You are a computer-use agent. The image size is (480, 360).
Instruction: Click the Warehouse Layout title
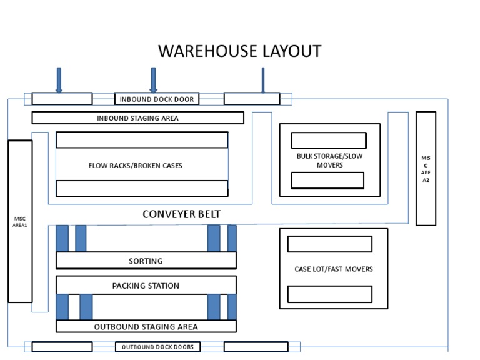point(240,51)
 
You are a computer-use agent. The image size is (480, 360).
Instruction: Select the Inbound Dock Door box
point(157,99)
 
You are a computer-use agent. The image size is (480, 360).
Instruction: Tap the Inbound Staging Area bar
point(137,118)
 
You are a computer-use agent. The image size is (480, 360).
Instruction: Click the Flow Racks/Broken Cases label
point(136,166)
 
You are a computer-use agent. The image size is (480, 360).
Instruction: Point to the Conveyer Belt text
point(182,214)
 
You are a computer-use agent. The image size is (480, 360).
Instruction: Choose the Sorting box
point(146,261)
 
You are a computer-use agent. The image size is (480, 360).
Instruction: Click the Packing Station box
point(146,286)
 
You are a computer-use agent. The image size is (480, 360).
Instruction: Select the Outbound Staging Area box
point(146,326)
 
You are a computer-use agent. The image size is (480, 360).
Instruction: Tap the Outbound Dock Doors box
point(157,347)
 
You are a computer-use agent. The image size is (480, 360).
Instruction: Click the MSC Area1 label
point(20,221)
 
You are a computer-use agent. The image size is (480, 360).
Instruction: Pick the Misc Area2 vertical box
point(426,168)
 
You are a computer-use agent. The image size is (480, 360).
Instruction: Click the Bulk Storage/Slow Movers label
point(329,161)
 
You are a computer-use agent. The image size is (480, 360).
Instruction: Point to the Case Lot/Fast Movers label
point(333,269)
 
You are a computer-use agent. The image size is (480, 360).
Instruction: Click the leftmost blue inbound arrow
point(59,79)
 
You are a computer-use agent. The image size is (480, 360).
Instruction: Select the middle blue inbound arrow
point(153,79)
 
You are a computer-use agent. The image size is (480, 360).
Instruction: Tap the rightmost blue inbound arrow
point(262,79)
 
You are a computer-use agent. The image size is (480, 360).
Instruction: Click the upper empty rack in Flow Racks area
point(142,140)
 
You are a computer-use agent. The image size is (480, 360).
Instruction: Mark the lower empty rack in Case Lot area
point(329,294)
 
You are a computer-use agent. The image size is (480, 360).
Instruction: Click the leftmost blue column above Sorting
point(62,239)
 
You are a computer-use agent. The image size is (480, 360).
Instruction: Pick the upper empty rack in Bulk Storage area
point(329,141)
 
